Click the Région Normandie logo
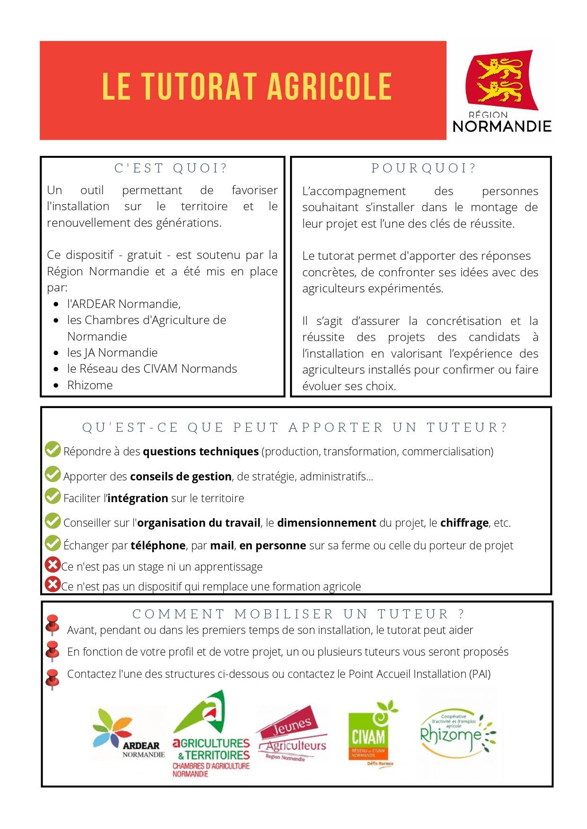pyautogui.click(x=502, y=91)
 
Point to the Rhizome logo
pyautogui.click(x=457, y=734)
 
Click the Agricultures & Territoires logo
pyautogui.click(x=211, y=735)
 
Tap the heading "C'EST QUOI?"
pyautogui.click(x=171, y=168)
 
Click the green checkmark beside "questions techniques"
pyautogui.click(x=53, y=450)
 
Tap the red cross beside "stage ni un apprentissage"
pyautogui.click(x=52, y=565)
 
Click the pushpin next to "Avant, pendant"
pyautogui.click(x=52, y=626)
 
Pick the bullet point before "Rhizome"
pyautogui.click(x=57, y=386)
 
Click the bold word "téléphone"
pyautogui.click(x=158, y=546)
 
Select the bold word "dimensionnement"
pyautogui.click(x=326, y=523)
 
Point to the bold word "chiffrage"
pyautogui.click(x=464, y=523)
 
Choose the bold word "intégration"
pyautogui.click(x=138, y=498)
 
